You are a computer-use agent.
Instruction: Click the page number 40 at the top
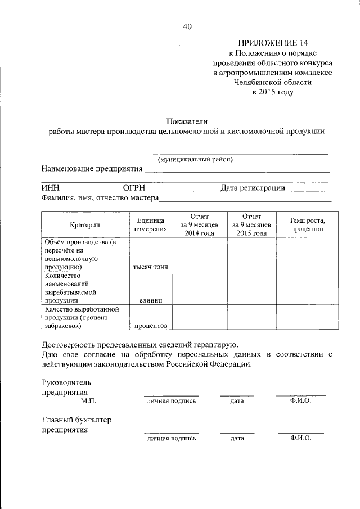click(187, 26)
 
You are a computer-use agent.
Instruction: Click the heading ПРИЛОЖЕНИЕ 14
click(272, 42)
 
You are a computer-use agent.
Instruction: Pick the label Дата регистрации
click(253, 188)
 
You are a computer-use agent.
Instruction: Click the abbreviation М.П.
click(89, 401)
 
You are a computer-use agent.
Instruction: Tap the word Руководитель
click(66, 381)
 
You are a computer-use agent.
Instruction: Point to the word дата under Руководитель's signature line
click(236, 401)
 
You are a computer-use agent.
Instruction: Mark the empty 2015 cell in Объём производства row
click(251, 254)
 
